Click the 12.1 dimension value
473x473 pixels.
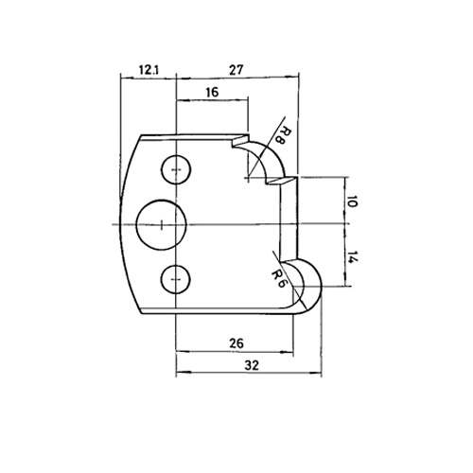[x=149, y=70]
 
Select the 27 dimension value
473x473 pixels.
[x=236, y=70]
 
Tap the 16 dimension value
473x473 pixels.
[x=212, y=93]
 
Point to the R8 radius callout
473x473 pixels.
[x=279, y=135]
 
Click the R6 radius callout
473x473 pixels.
[x=279, y=277]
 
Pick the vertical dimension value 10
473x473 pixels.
[x=352, y=201]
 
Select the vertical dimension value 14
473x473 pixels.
[x=353, y=257]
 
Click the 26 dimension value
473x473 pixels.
[x=236, y=342]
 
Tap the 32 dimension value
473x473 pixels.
[x=252, y=365]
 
